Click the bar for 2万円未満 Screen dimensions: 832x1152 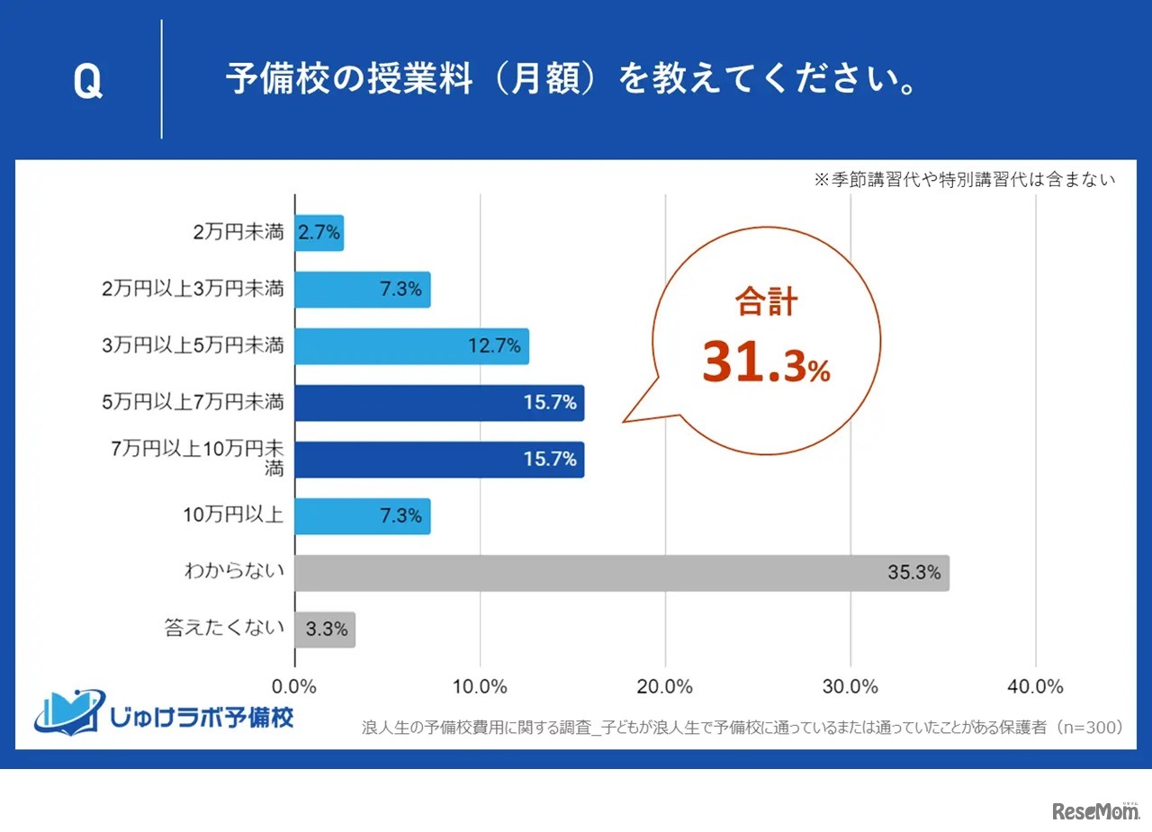[x=319, y=233]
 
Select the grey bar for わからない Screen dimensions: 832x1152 [x=621, y=573]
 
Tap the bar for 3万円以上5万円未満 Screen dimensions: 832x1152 [x=411, y=346]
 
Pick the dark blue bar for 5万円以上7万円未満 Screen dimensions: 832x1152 [x=439, y=403]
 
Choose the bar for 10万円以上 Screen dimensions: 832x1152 [x=362, y=516]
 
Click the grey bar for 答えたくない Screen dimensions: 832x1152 [x=325, y=630]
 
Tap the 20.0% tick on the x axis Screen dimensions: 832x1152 [x=665, y=686]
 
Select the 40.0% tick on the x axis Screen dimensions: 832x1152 [x=1036, y=686]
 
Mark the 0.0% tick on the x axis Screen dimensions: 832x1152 [x=295, y=686]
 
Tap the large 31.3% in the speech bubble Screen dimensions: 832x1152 [x=766, y=362]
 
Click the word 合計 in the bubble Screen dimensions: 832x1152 [x=766, y=302]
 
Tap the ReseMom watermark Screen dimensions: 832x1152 [x=1095, y=810]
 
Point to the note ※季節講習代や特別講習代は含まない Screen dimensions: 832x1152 [x=964, y=180]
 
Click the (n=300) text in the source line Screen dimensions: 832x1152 [x=1089, y=728]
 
